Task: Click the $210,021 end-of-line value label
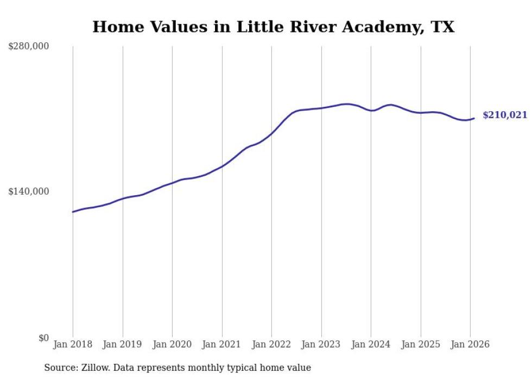[x=504, y=115]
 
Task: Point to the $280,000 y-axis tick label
[x=28, y=47]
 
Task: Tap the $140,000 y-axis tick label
[x=28, y=191]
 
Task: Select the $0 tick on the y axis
[x=43, y=338]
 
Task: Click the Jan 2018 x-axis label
[x=73, y=345]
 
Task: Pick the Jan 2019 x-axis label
[x=123, y=345]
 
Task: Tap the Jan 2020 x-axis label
[x=172, y=345]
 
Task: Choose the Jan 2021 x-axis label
[x=222, y=345]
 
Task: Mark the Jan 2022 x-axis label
[x=271, y=345]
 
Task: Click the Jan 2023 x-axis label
[x=321, y=345]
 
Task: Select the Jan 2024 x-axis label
[x=371, y=345]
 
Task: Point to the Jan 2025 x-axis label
[x=421, y=345]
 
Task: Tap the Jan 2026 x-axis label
[x=470, y=345]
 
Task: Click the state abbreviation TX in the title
[x=443, y=27]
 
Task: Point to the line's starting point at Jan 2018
[x=73, y=212]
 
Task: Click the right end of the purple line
[x=474, y=118]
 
